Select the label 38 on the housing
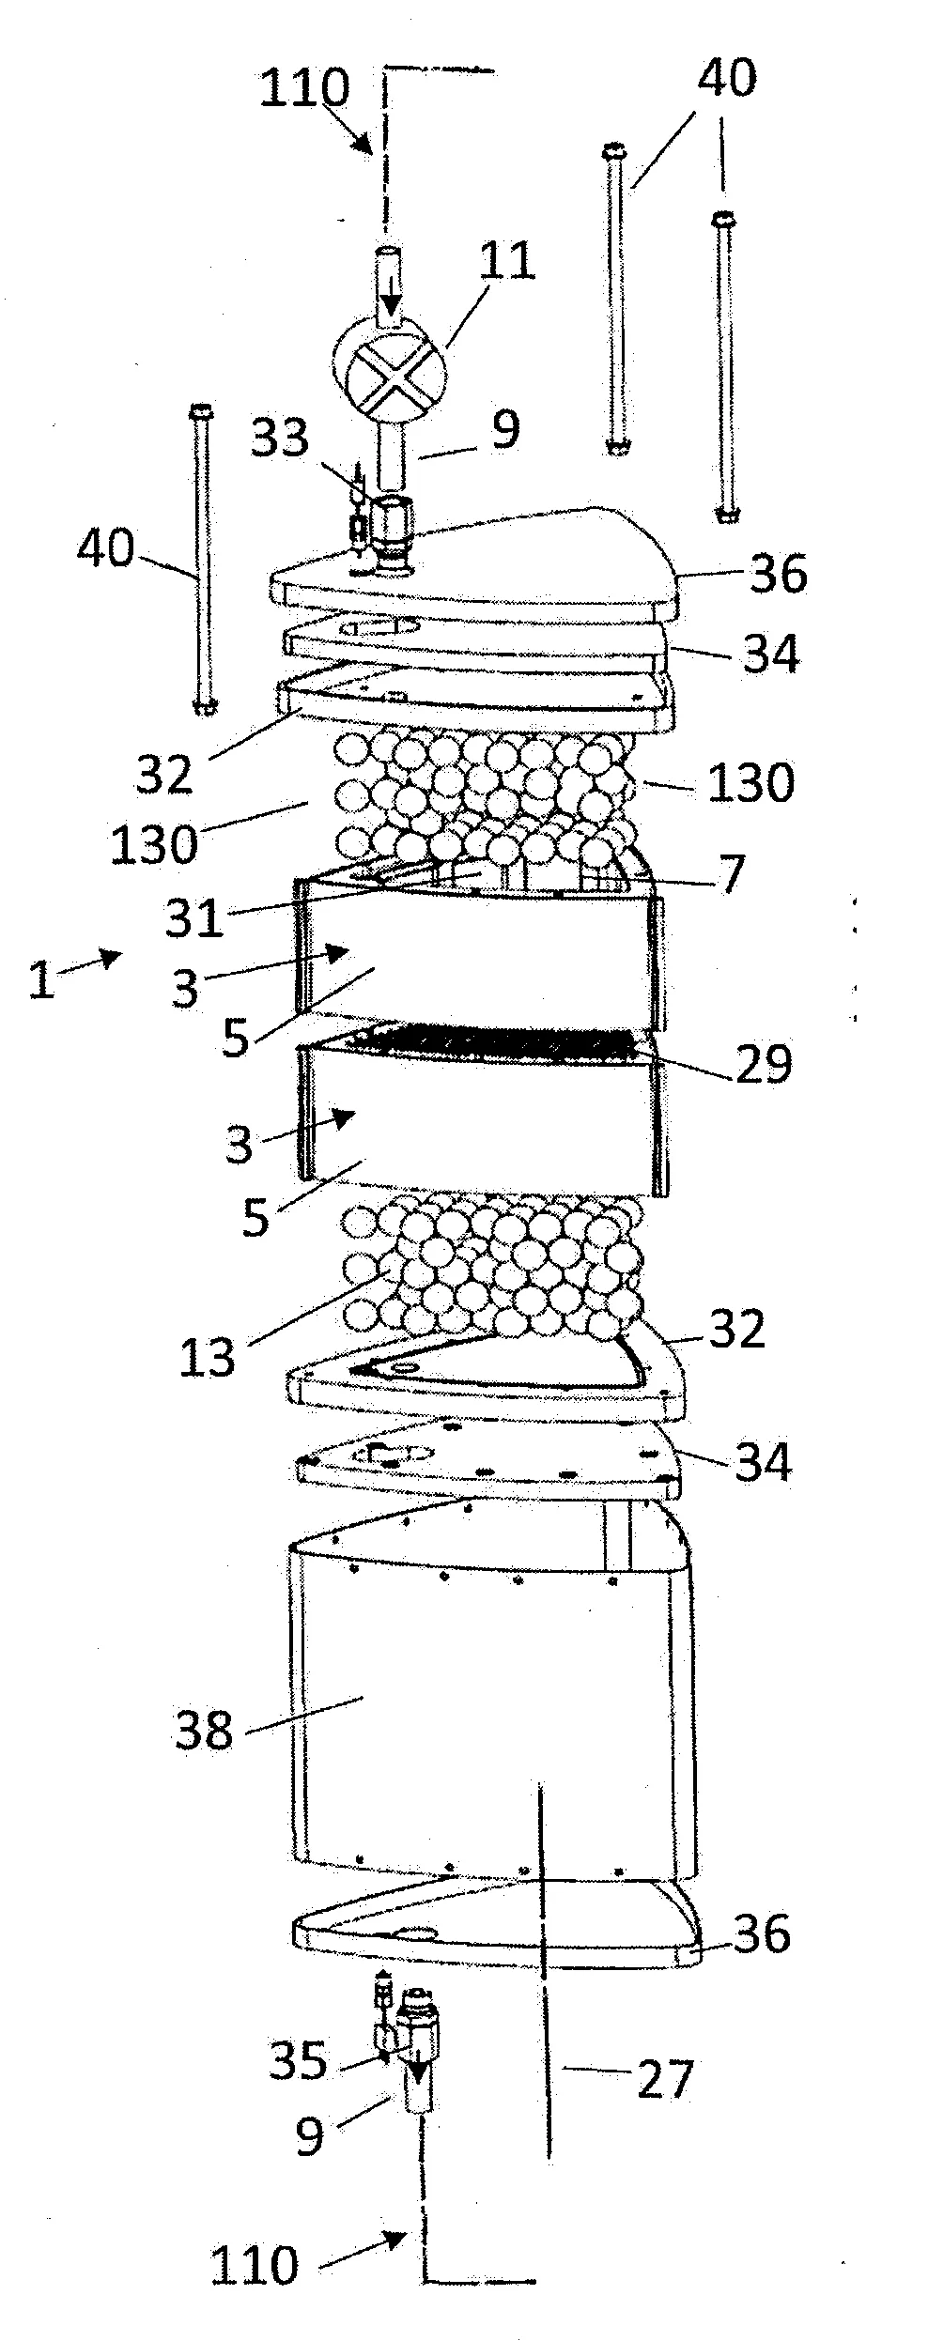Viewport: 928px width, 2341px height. tap(205, 1729)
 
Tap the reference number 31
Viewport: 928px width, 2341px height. tap(194, 917)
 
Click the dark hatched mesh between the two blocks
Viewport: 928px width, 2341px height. tap(497, 1042)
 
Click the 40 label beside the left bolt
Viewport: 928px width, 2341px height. tap(106, 547)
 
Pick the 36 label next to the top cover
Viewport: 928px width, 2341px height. tap(779, 572)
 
